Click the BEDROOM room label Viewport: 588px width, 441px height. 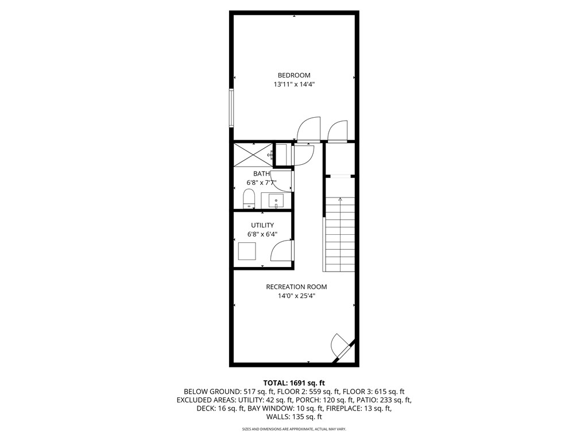coord(294,75)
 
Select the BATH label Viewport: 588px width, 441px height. coord(261,173)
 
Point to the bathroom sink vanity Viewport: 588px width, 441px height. coord(276,200)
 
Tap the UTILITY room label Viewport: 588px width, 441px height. coord(262,225)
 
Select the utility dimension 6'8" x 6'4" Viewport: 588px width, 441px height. coord(262,234)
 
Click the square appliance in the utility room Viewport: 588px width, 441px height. coord(247,252)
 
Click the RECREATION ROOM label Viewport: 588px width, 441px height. coord(296,287)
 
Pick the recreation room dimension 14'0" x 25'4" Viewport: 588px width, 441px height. coord(296,296)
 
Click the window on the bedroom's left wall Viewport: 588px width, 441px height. coord(232,107)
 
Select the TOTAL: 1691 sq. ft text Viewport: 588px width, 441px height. coord(294,382)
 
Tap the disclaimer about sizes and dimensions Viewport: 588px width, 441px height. coord(294,429)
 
